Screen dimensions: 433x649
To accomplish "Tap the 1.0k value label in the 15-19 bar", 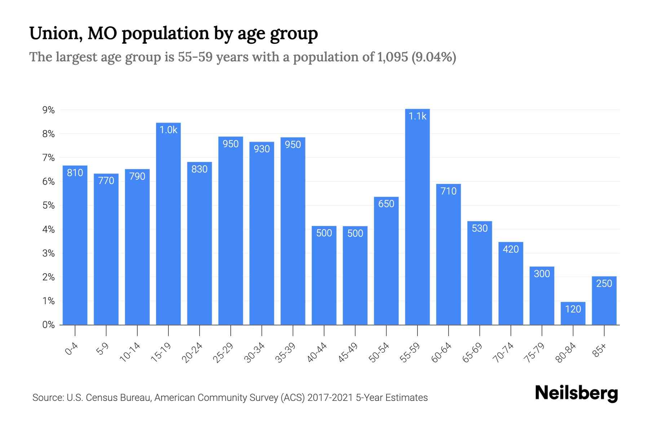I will point(168,130).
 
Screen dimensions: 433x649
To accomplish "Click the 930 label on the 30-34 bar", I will point(262,149).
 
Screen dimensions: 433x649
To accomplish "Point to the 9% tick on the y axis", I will point(48,110).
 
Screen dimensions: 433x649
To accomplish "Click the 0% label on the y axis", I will point(48,325).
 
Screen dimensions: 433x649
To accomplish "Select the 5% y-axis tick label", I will point(48,206).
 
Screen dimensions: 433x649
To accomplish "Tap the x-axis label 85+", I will point(600,351).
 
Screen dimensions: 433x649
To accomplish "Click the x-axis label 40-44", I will point(317,353).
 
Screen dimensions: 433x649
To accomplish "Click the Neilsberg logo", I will point(576,393).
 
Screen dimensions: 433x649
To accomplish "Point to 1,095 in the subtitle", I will point(392,57).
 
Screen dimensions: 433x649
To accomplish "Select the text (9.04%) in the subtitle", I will point(434,57).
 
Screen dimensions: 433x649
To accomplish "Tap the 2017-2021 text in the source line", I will point(330,398).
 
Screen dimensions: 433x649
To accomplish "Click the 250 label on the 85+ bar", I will point(604,284).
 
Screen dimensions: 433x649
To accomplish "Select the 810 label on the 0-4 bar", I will point(75,173).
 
